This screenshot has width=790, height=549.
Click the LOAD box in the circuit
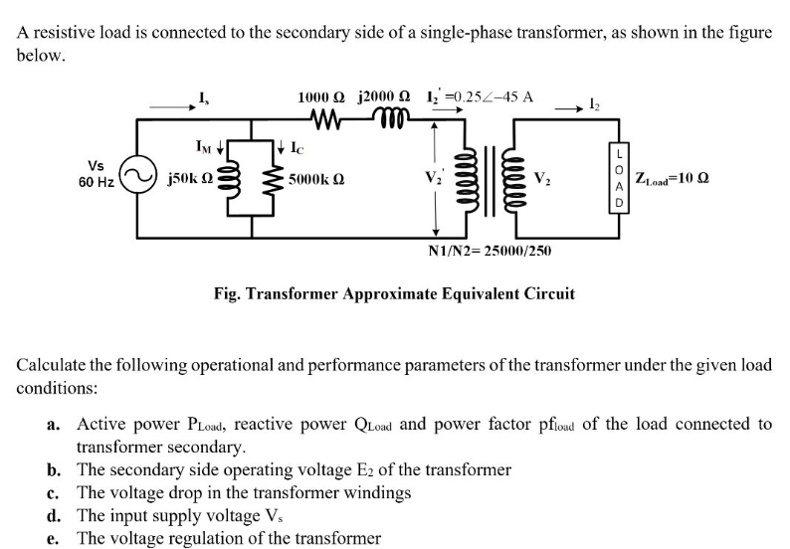621,177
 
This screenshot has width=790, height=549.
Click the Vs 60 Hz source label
97,173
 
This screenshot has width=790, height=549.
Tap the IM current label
203,147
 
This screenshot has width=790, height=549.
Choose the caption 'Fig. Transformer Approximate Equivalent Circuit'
394,293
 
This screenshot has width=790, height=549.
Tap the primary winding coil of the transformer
465,179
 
